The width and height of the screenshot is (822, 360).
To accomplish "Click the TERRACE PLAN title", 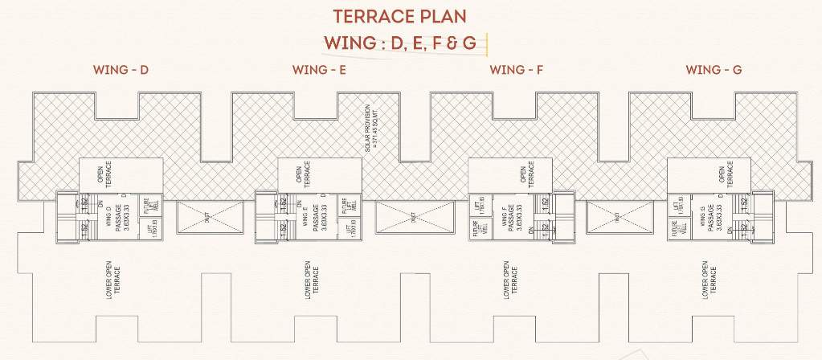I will coord(411,16).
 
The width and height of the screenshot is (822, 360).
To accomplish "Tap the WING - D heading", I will coord(121,70).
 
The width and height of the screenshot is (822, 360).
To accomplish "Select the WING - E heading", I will coord(319,70).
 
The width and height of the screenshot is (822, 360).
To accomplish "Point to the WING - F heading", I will coord(517,70).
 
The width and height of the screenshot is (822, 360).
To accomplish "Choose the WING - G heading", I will coord(714,70).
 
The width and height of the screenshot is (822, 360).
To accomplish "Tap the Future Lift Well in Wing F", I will coord(478,229).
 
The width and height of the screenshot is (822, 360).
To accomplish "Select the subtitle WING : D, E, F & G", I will coord(407,42).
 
